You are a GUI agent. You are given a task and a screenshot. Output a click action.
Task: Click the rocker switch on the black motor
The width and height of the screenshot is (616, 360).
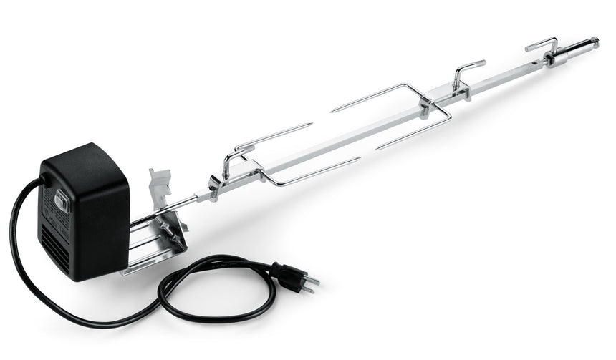point(62,203)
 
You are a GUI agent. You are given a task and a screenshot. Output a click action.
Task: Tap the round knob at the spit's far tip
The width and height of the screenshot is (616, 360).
point(594,40)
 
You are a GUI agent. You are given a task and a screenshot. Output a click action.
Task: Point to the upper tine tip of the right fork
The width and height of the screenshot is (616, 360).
point(333,110)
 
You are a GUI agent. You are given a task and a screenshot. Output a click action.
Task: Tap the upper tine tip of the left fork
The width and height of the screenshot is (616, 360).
point(311,125)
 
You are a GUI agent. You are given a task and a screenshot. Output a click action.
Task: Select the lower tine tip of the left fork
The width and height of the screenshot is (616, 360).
point(357,160)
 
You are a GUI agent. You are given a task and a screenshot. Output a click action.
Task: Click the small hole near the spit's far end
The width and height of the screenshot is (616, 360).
point(572,49)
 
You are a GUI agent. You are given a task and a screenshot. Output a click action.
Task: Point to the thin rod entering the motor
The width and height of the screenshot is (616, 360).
point(179,205)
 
